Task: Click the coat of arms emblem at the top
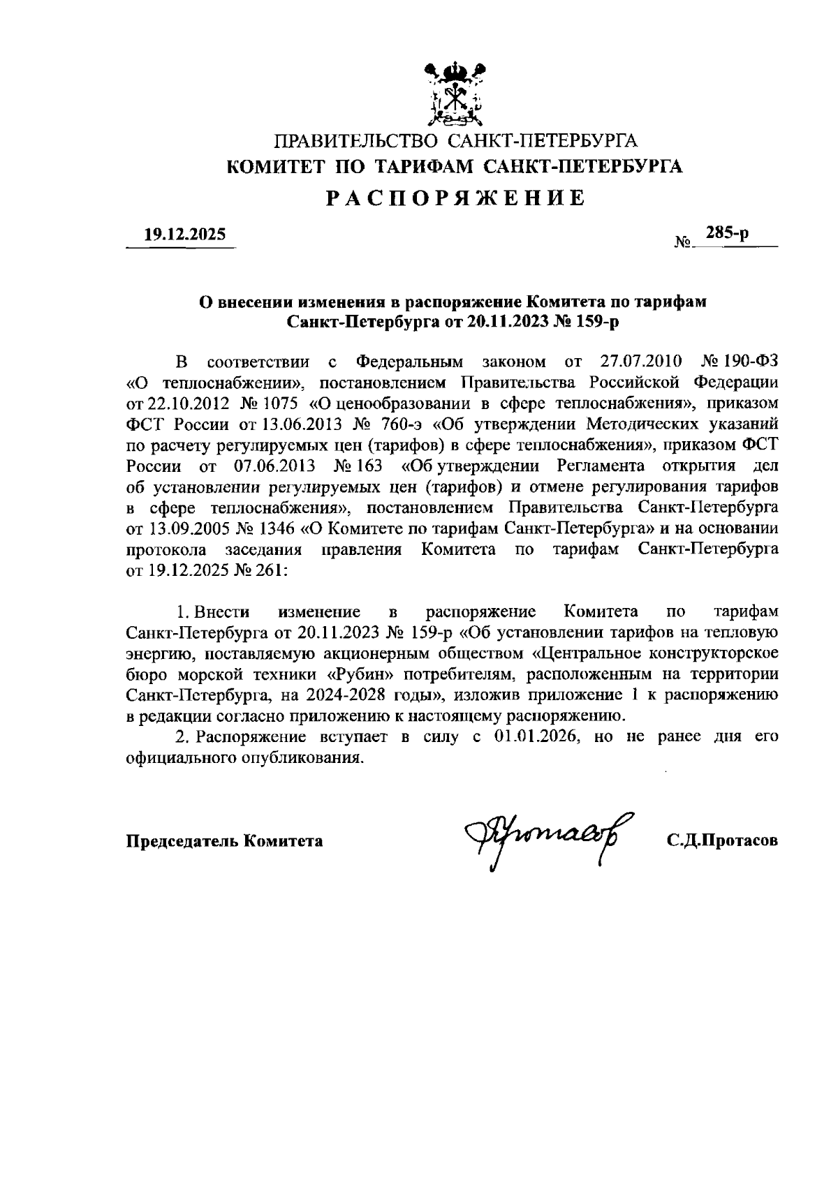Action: tap(455, 92)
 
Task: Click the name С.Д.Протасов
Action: tap(722, 841)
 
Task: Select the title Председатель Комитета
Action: tap(224, 841)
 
